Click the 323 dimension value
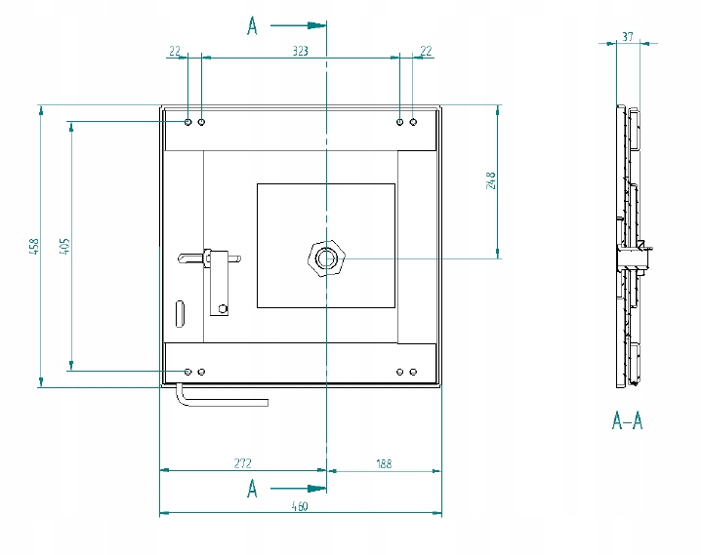coord(301,51)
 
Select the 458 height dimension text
coord(34,247)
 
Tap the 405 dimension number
coord(65,246)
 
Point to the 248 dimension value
coord(491,180)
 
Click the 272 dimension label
coord(242,462)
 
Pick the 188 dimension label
coord(384,463)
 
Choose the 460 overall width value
coord(300,506)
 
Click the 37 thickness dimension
coord(628,36)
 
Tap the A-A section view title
coord(627,421)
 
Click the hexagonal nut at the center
coord(326,258)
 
